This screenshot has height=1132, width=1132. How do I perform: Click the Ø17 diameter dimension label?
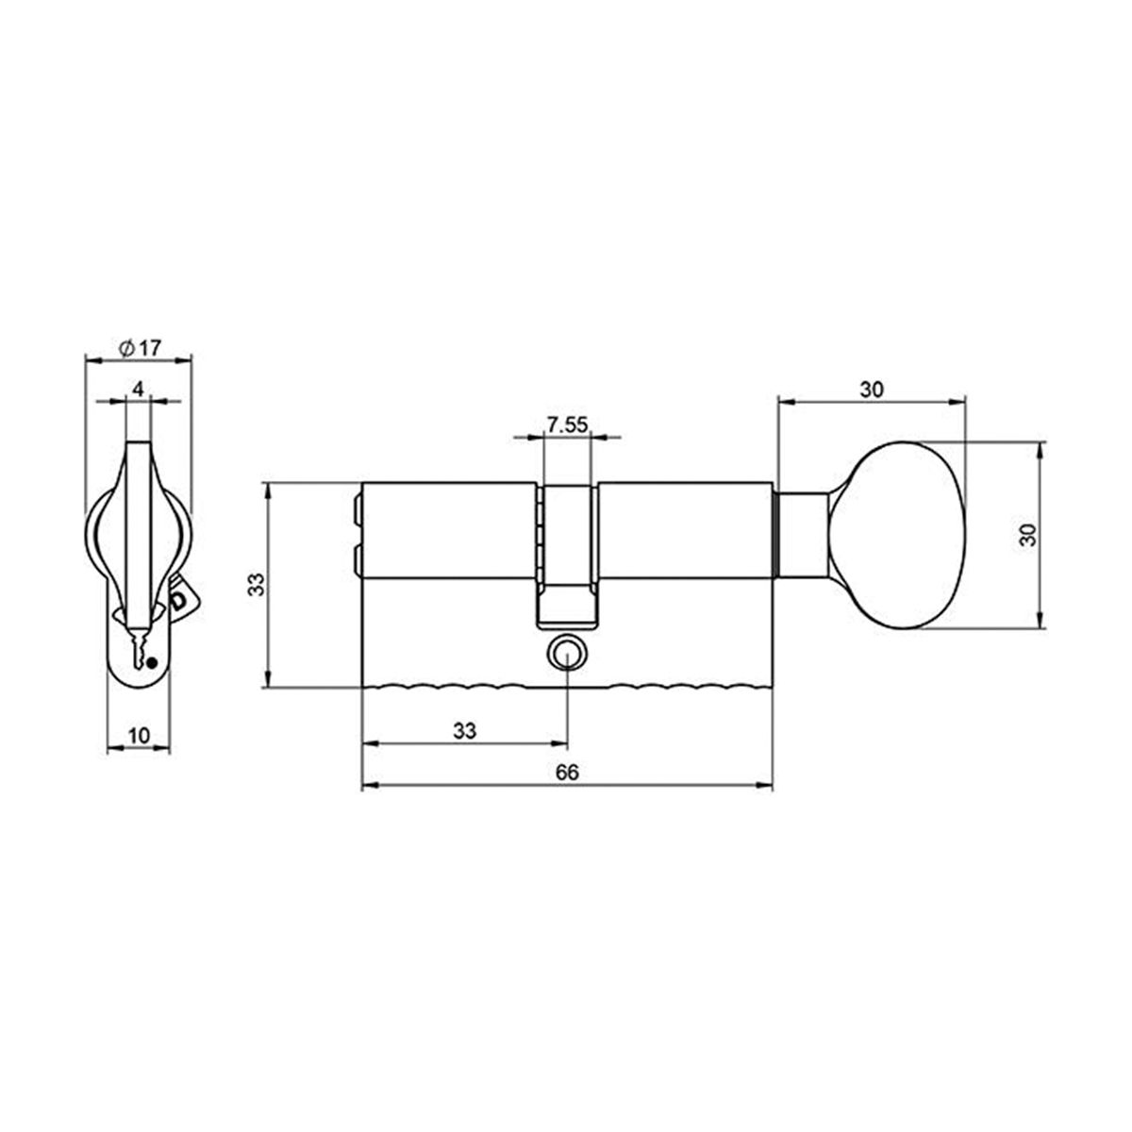140,347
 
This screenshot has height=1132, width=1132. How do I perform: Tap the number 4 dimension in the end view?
138,389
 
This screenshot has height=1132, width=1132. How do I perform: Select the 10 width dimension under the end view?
140,736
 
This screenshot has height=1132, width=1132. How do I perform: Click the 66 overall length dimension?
566,772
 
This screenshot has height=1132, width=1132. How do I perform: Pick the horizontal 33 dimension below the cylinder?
464,730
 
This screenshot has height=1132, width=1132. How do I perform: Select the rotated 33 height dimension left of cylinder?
255,585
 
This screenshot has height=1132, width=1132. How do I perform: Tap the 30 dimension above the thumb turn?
871,390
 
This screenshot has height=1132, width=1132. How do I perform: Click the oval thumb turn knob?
906,534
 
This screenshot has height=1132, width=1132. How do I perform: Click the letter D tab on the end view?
178,600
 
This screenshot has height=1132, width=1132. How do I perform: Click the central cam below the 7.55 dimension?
568,557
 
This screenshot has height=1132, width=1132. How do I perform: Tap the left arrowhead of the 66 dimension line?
369,785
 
